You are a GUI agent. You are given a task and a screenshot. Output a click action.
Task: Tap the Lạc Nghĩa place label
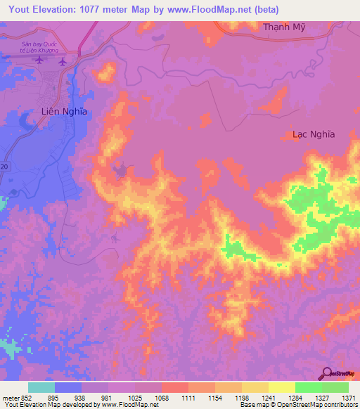click(x=314, y=134)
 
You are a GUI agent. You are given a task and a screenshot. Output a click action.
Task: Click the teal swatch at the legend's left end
click(x=41, y=387)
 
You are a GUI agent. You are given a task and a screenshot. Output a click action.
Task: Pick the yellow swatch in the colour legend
click(x=281, y=387)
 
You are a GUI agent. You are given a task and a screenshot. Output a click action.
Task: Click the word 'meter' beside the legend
click(x=8, y=398)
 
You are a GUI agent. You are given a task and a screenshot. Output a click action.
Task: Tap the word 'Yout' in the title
click(x=15, y=9)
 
